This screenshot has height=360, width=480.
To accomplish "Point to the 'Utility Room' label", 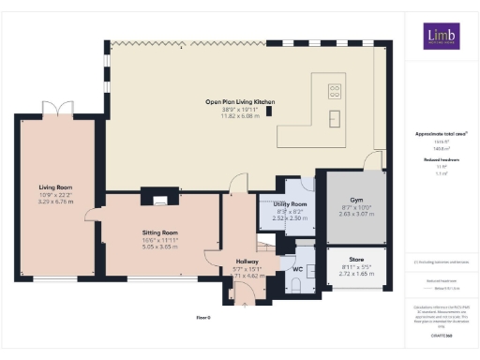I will tap(291, 203).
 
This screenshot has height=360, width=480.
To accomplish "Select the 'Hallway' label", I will tap(247, 261).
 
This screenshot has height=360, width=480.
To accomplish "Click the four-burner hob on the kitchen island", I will tap(335, 92).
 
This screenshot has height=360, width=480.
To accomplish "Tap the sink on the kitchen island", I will tap(335, 117).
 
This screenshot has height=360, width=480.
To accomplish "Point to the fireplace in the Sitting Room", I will tap(157, 198).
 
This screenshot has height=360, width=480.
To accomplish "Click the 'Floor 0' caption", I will tap(204, 319).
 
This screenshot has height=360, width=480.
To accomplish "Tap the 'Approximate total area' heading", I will tap(441, 134).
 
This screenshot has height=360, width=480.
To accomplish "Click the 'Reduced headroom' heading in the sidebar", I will tap(441, 160).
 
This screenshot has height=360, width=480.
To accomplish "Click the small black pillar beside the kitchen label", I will tap(270, 111).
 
